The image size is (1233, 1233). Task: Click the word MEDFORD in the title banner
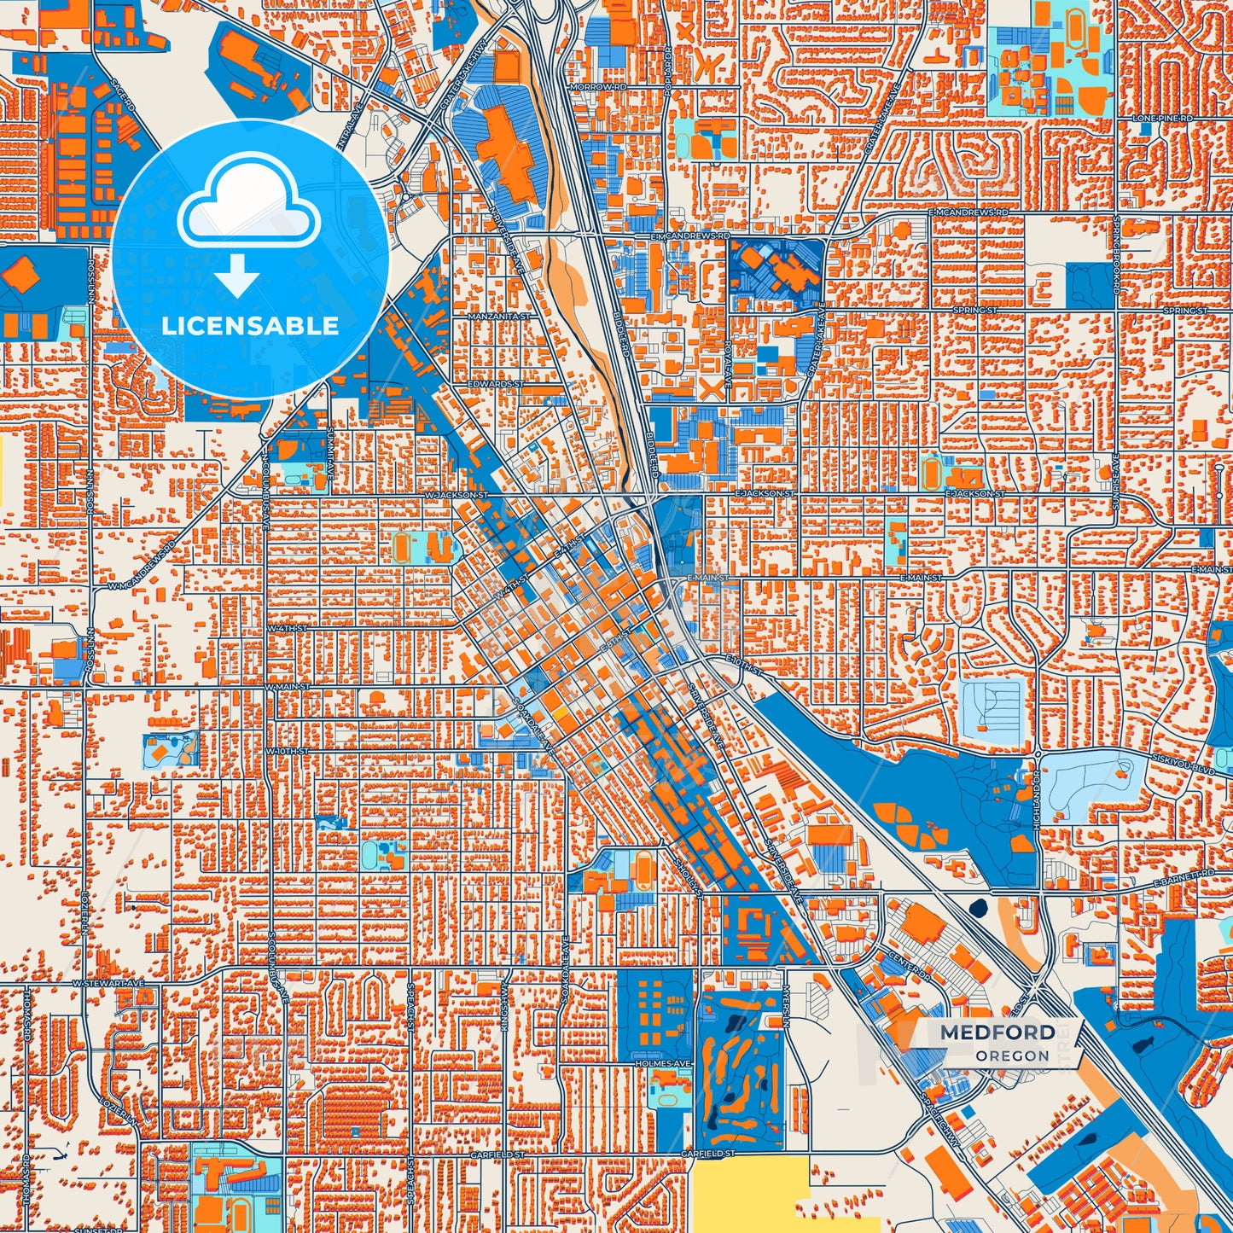coord(997,1032)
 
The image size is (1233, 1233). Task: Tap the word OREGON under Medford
coord(1012,1056)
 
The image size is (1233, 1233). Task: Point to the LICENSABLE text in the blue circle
coord(250,326)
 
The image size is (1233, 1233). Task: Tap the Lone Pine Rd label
coord(1161,118)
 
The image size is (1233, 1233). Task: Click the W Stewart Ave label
coord(108,983)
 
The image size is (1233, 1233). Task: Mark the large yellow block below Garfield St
coord(749,1195)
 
